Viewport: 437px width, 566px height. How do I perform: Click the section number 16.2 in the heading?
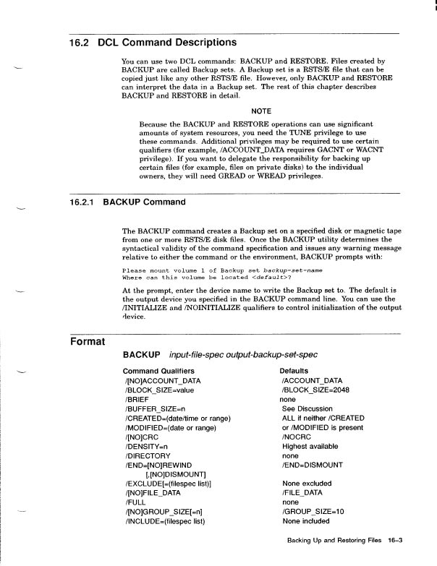coord(79,43)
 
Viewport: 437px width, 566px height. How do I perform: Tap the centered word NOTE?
coord(261,111)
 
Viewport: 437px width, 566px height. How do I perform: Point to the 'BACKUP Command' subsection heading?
coord(145,201)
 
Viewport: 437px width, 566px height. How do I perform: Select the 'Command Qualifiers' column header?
coord(158,371)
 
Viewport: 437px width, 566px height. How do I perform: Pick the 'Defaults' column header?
coord(294,371)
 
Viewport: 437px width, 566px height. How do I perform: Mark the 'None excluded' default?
coord(307,483)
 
